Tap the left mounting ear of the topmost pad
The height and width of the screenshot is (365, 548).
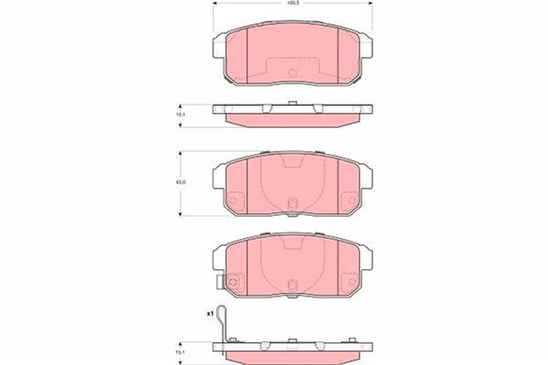point(220,53)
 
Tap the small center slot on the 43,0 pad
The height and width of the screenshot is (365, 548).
point(291,204)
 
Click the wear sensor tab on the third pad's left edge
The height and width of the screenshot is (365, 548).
point(218,280)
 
